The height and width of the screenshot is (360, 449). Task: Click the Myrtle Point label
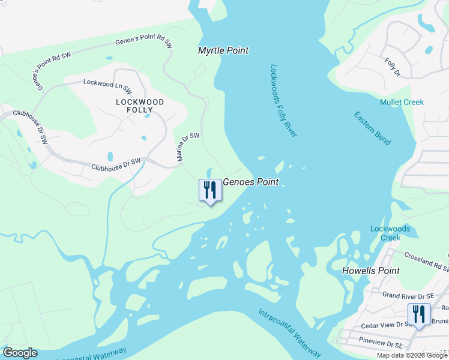[223, 51]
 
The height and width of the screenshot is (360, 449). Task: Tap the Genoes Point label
[251, 182]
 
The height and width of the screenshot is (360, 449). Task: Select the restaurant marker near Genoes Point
[210, 191]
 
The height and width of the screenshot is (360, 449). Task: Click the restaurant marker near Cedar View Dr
[418, 314]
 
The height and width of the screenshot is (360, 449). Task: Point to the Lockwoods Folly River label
[283, 101]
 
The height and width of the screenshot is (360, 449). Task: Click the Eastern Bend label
[372, 128]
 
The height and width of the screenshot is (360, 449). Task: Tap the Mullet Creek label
[402, 102]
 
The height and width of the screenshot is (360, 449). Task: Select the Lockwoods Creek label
[390, 233]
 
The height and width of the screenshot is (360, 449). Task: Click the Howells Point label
[370, 271]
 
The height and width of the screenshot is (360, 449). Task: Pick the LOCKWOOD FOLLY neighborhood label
[140, 106]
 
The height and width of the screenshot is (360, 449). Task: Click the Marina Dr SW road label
[187, 147]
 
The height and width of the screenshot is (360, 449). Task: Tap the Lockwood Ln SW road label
[108, 86]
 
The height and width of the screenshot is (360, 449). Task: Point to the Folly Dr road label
[393, 67]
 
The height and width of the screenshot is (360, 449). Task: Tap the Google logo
[20, 353]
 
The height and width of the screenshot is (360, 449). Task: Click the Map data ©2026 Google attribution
[412, 355]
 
